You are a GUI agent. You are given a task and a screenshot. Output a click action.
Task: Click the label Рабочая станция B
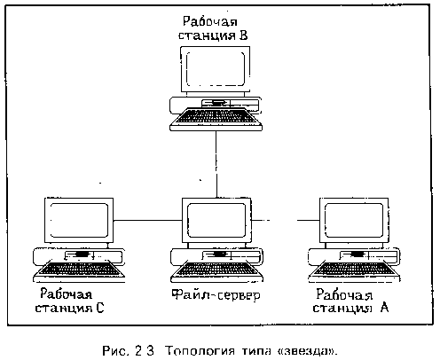point(213,28)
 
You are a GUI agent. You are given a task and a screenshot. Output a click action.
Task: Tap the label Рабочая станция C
point(69,301)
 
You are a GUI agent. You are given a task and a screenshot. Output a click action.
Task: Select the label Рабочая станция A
point(350,301)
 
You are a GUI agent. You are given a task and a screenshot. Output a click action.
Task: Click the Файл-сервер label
point(216,295)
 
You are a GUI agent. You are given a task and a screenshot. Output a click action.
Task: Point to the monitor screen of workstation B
point(216,68)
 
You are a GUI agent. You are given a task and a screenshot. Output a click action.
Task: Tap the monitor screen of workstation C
point(79,220)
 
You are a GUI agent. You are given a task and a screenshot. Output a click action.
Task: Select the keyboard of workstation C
point(79,271)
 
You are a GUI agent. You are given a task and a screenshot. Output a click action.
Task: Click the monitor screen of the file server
point(216,220)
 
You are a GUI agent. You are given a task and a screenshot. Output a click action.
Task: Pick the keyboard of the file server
point(216,271)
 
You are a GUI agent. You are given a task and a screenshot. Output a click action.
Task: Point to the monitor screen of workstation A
point(354,220)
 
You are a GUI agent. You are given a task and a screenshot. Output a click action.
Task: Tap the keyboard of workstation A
point(354,271)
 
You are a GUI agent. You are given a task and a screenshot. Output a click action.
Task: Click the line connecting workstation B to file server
point(216,165)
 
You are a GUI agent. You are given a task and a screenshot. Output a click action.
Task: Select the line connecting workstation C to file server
point(147,220)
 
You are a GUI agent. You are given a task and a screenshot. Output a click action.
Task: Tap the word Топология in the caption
point(200,351)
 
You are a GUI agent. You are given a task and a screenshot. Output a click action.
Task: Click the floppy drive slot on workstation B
point(217,103)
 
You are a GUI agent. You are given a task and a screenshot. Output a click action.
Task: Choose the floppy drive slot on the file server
point(219,254)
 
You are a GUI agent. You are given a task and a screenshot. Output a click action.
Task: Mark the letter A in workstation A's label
point(384,308)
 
